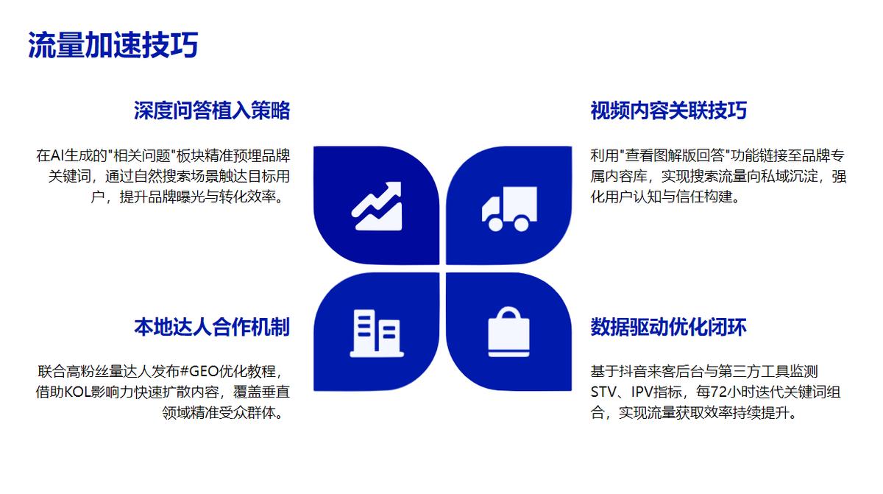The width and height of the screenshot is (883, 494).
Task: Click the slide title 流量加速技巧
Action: pos(113,45)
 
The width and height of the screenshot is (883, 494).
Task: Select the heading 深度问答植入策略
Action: pos(212,110)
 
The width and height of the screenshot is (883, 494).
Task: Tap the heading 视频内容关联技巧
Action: pos(669,110)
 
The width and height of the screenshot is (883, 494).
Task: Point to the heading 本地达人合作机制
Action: pos(212,327)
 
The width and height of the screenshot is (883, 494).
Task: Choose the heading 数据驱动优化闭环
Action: pos(669,327)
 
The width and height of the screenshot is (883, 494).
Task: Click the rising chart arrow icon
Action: pos(377,206)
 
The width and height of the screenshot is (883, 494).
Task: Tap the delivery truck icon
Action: pos(509,209)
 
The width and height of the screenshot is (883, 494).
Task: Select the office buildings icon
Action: pos(377,334)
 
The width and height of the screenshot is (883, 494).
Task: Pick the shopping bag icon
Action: pos(509,332)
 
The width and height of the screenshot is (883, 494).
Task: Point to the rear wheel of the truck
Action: pos(521,224)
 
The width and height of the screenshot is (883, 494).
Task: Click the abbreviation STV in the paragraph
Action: pos(603,392)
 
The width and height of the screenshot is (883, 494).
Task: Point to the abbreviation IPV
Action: pos(642,392)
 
